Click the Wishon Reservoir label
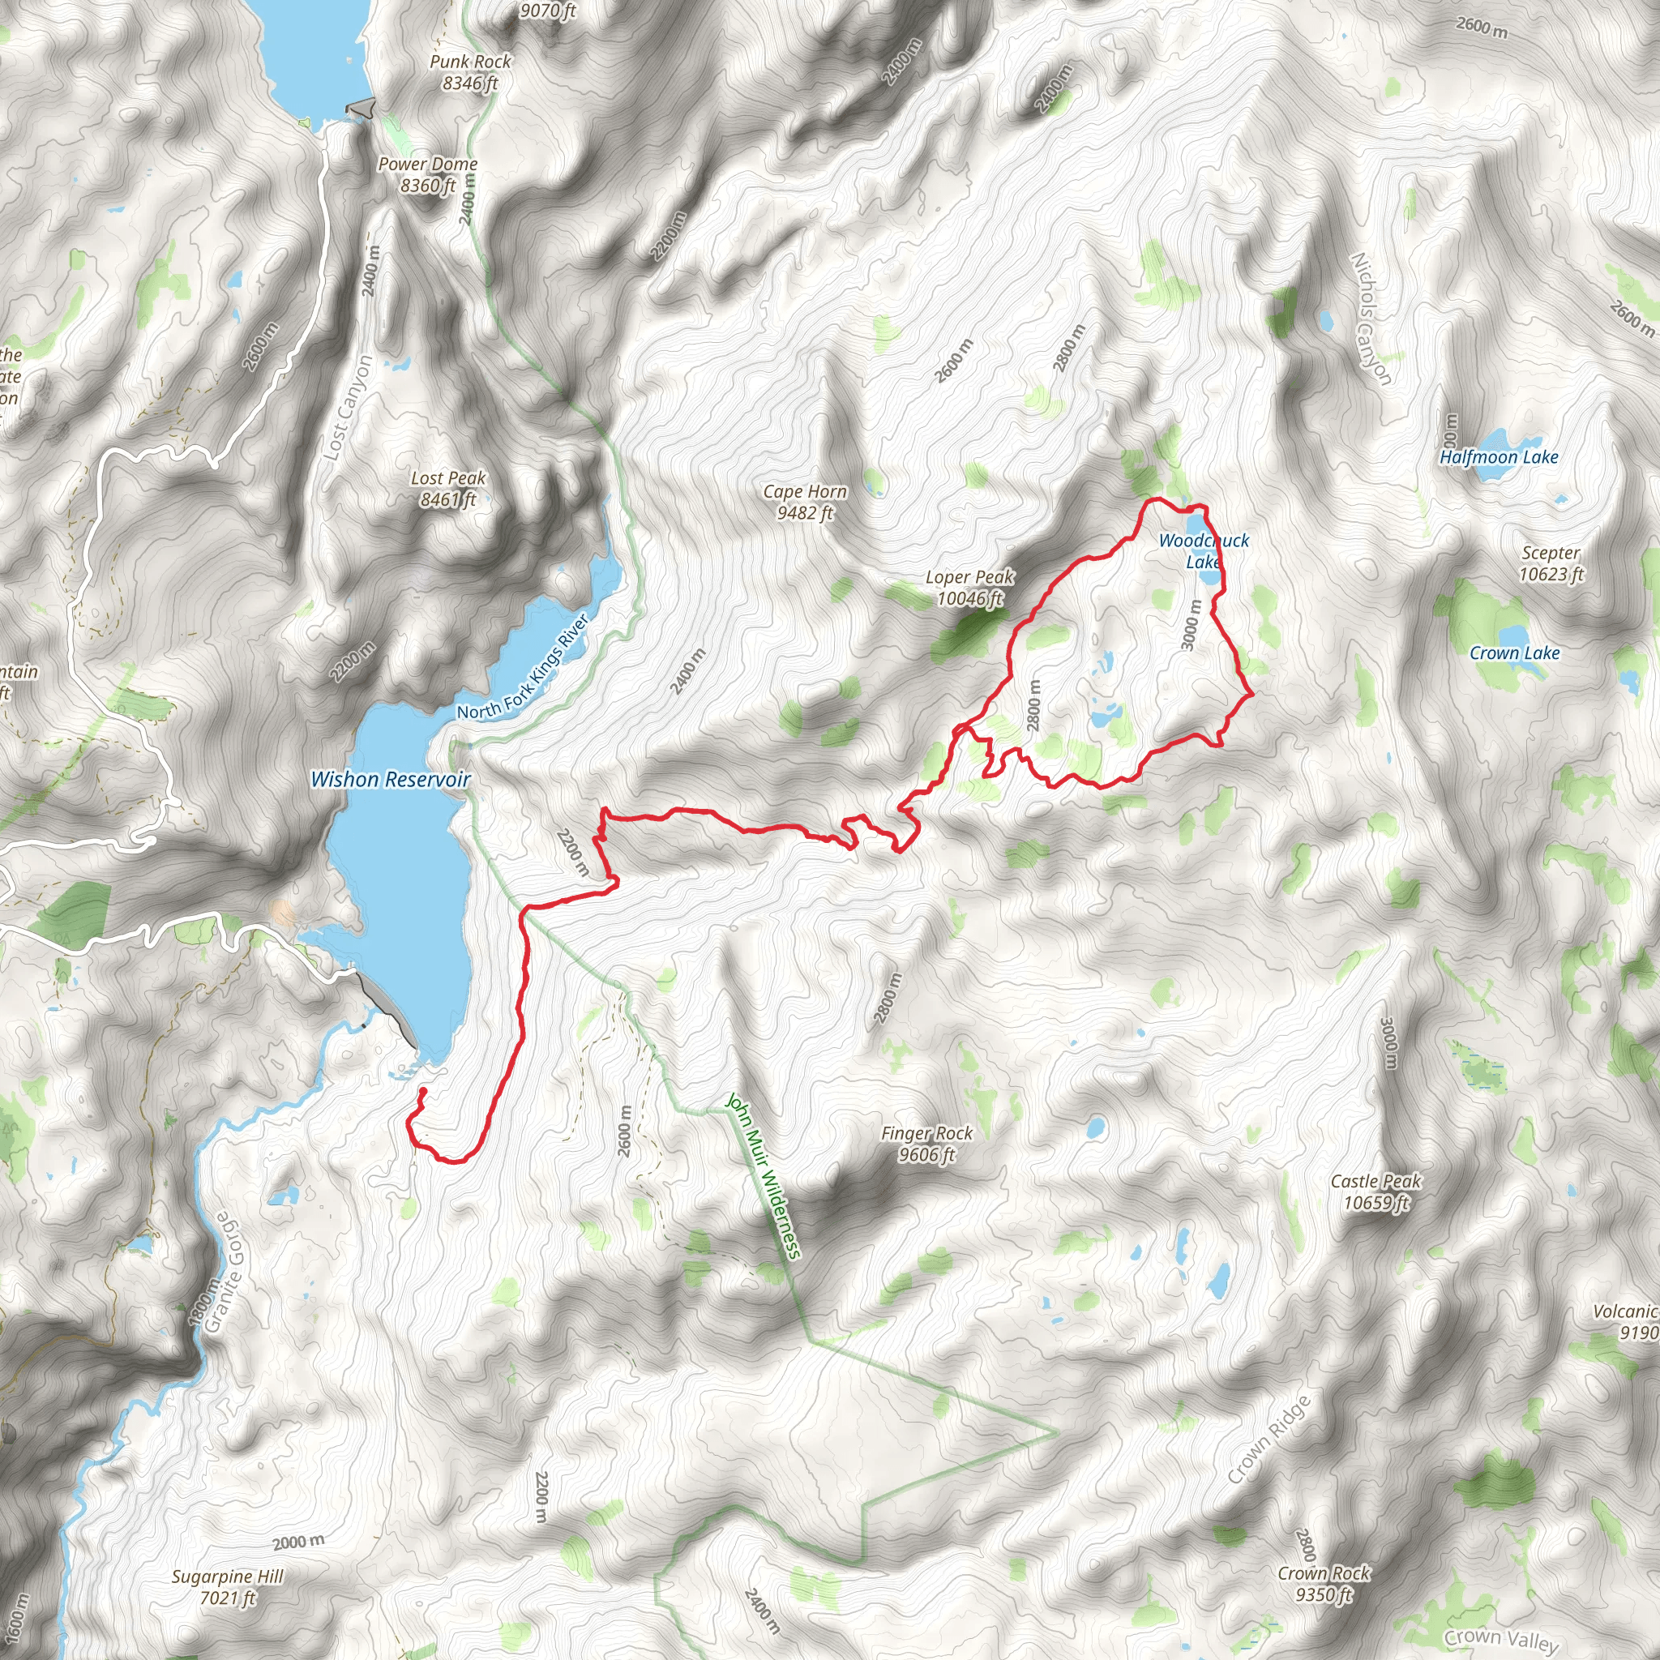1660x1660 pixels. click(390, 779)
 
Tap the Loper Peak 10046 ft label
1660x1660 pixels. click(969, 588)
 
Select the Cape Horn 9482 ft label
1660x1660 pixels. click(805, 502)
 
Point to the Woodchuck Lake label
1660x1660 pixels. click(1203, 550)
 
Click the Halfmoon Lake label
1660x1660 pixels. click(1499, 457)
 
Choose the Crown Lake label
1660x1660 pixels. click(1514, 653)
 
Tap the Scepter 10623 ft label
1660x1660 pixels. click(1550, 563)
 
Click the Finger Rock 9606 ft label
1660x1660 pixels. click(926, 1144)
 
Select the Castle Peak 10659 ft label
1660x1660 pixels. click(1375, 1192)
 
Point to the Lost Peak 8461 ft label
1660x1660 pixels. click(447, 488)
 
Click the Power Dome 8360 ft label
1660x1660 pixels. click(428, 174)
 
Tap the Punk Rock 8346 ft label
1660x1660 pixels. click(470, 72)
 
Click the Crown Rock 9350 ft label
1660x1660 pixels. click(1324, 1584)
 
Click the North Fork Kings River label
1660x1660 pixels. click(523, 667)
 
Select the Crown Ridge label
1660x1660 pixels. click(1269, 1440)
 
